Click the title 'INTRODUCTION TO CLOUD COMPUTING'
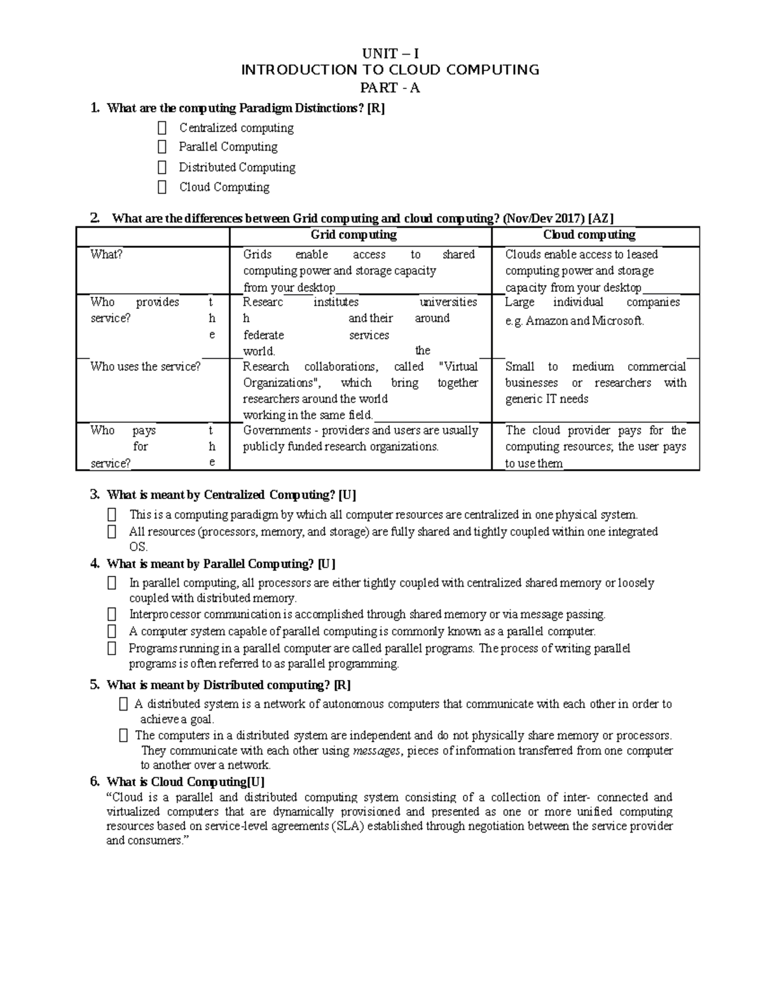(x=390, y=70)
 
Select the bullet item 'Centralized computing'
(x=236, y=128)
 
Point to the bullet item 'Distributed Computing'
(x=237, y=167)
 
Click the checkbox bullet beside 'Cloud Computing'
(x=162, y=187)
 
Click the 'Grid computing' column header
(x=354, y=235)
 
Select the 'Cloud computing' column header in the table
(x=589, y=235)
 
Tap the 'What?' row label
(x=106, y=254)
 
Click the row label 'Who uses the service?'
(x=145, y=366)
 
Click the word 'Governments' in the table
(x=277, y=430)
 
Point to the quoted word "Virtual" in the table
(x=458, y=366)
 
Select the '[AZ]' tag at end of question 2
(x=601, y=219)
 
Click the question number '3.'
(x=95, y=494)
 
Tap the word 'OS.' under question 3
(x=138, y=547)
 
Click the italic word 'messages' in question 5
(x=376, y=751)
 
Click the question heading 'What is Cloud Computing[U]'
(x=186, y=782)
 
